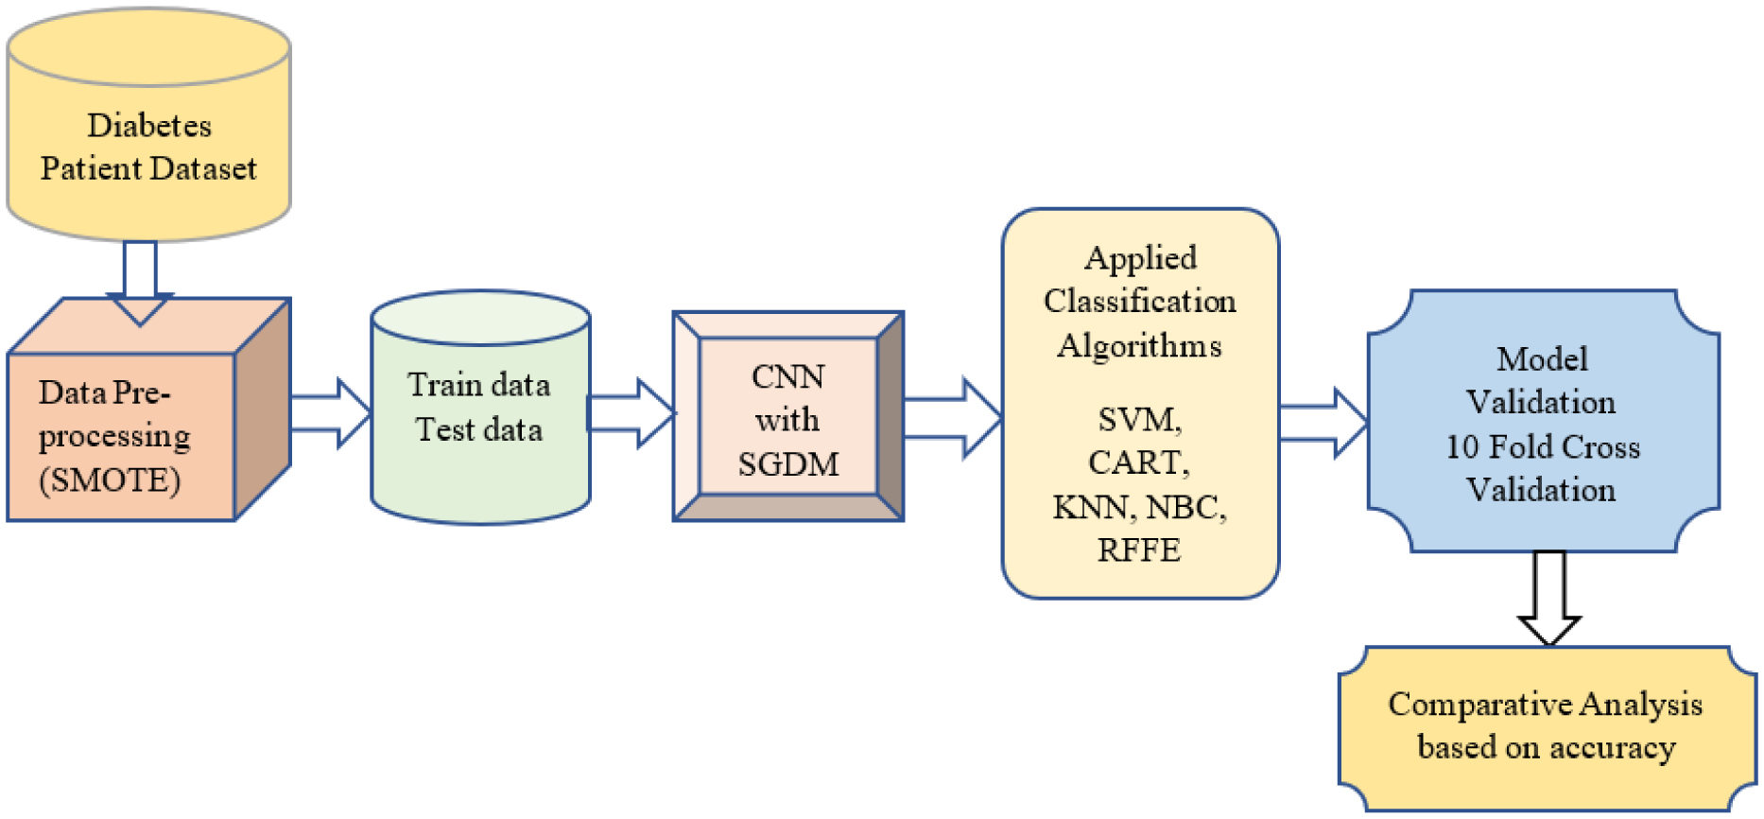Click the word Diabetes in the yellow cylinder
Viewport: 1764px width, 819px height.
149,126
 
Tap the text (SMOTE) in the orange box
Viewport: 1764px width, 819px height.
110,479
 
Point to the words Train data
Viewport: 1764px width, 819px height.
478,385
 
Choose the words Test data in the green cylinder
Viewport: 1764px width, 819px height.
478,429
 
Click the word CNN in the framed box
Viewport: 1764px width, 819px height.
787,376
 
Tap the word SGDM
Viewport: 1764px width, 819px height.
787,464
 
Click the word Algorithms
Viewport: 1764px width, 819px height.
1139,345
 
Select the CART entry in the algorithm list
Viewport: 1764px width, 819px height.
1138,462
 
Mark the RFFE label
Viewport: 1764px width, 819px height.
1138,549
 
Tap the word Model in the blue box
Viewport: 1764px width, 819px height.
1542,359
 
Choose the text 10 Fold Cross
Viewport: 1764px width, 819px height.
1542,446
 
